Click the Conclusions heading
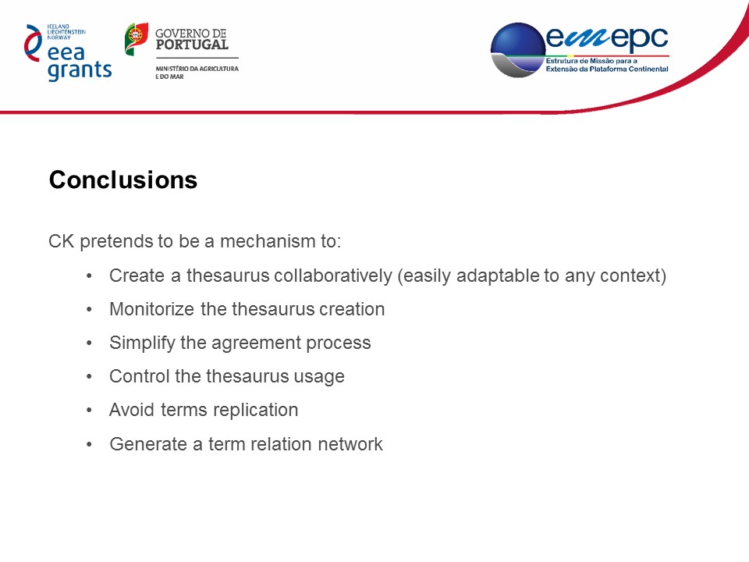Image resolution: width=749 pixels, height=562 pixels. tap(123, 180)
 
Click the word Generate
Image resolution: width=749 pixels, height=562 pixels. tap(148, 444)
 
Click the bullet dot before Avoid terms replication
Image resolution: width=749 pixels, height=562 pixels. tap(89, 411)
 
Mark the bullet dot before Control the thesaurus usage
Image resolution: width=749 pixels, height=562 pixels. tap(89, 376)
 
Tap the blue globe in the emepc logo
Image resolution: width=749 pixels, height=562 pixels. tap(518, 50)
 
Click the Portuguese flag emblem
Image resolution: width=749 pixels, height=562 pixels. tap(136, 39)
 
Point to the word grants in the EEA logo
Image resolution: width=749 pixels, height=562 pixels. tap(80, 71)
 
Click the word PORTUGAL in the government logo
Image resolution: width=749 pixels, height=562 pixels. tap(192, 45)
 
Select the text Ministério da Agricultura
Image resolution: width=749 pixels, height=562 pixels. tap(197, 69)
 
